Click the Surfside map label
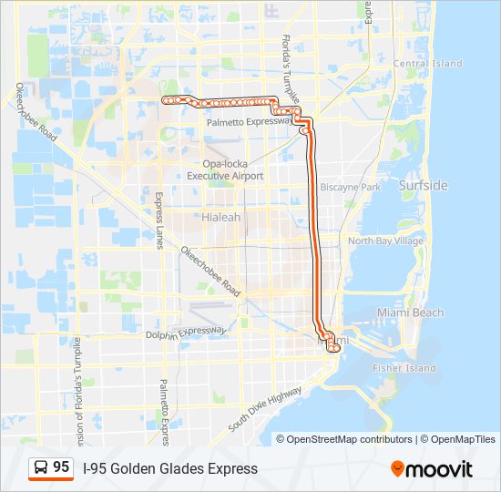(423, 185)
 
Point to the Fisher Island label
(404, 368)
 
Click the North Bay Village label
(386, 241)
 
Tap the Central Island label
(427, 64)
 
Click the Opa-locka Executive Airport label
(225, 169)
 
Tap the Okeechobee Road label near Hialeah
(210, 272)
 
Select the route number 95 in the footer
(61, 467)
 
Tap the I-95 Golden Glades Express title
(170, 468)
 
